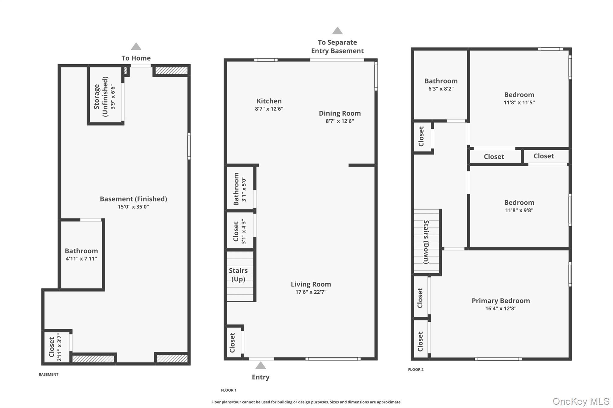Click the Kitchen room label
pos(269,101)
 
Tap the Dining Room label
pos(339,113)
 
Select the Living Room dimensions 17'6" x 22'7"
pos(311,292)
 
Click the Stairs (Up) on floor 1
pos(239,275)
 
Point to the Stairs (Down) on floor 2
pos(426,242)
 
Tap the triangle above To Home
pos(136,46)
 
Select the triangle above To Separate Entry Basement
pos(337,30)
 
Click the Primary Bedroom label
pos(500,301)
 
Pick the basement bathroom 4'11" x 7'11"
pos(81,254)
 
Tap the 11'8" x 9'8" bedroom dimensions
pos(519,210)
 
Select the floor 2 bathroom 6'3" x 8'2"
pos(441,85)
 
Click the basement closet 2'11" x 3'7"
pos(55,347)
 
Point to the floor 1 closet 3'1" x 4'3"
pos(239,231)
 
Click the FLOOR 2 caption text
pos(416,369)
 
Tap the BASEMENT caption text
pos(48,374)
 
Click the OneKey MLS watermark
pos(581,401)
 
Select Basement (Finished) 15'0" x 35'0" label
pos(133,202)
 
